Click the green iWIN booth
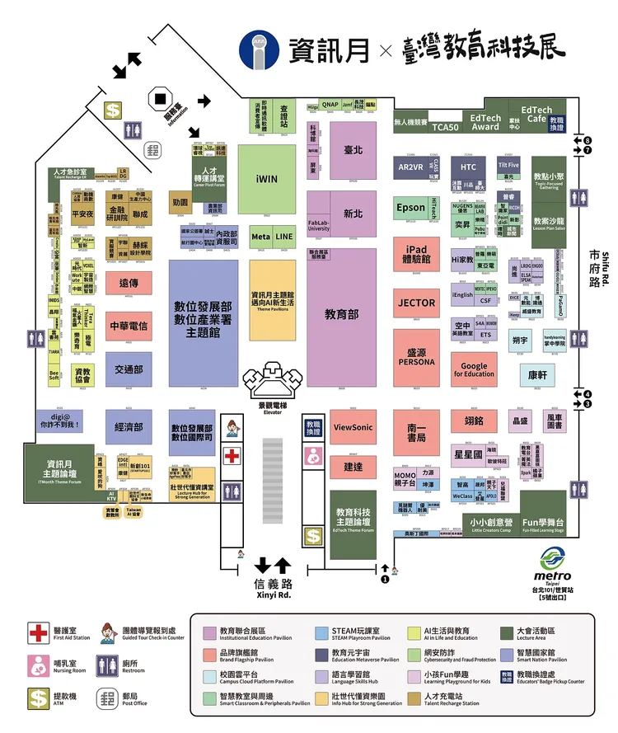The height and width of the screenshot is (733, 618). pos(267,178)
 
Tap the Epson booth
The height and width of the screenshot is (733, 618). pos(410,208)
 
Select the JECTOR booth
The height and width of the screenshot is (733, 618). pos(416,303)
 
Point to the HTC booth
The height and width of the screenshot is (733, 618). pos(469,167)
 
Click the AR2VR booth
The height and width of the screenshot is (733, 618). pos(410,167)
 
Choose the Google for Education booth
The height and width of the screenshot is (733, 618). pos(474,369)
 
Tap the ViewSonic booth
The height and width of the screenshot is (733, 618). pos(353,427)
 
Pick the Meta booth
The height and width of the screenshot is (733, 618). pos(260,237)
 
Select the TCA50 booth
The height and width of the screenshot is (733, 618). pos(445,128)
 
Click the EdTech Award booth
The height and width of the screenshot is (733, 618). pos(485,122)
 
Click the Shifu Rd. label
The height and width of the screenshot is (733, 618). pos(604,268)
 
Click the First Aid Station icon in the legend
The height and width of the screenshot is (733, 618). pos(39,633)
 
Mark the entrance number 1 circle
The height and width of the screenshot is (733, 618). pos(384,579)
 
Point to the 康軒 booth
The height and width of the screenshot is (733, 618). pos(537,374)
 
